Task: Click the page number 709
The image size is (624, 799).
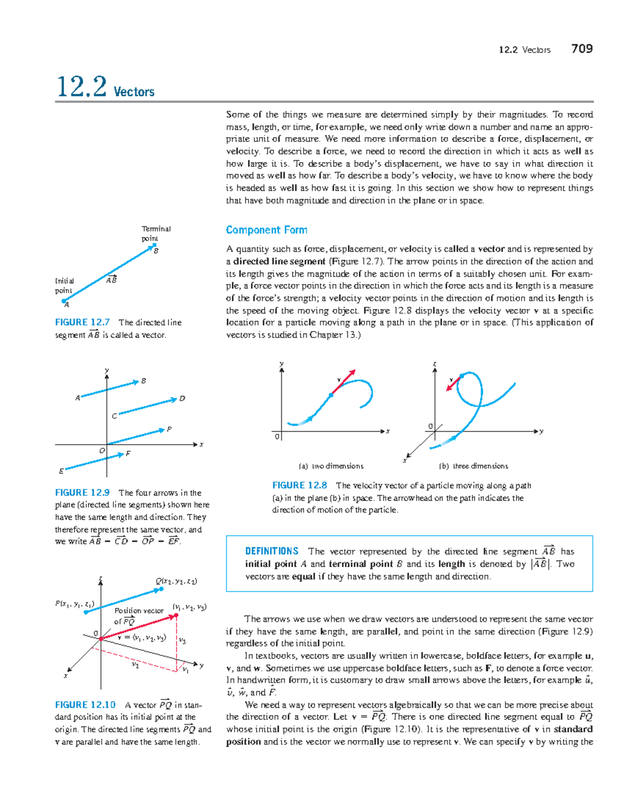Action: pyautogui.click(x=582, y=49)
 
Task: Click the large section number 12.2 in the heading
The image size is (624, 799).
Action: pyautogui.click(x=82, y=87)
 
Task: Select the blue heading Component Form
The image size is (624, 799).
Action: pyautogui.click(x=266, y=230)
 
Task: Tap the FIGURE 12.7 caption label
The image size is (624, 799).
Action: pyautogui.click(x=82, y=323)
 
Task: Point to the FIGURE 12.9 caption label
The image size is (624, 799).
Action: pyautogui.click(x=82, y=493)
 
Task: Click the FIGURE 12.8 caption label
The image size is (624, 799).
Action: pyautogui.click(x=300, y=485)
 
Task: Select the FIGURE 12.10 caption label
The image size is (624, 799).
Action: pyautogui.click(x=85, y=705)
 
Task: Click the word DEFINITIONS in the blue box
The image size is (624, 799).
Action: pyautogui.click(x=271, y=551)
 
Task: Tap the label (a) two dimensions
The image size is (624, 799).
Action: pyautogui.click(x=331, y=466)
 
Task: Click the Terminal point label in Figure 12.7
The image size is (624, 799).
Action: pyautogui.click(x=155, y=234)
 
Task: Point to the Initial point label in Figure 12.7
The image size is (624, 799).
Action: pyautogui.click(x=64, y=286)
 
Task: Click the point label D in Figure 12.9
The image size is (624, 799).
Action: pyautogui.click(x=182, y=399)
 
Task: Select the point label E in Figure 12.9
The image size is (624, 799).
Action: pyautogui.click(x=61, y=471)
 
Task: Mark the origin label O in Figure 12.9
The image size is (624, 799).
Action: pyautogui.click(x=102, y=450)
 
